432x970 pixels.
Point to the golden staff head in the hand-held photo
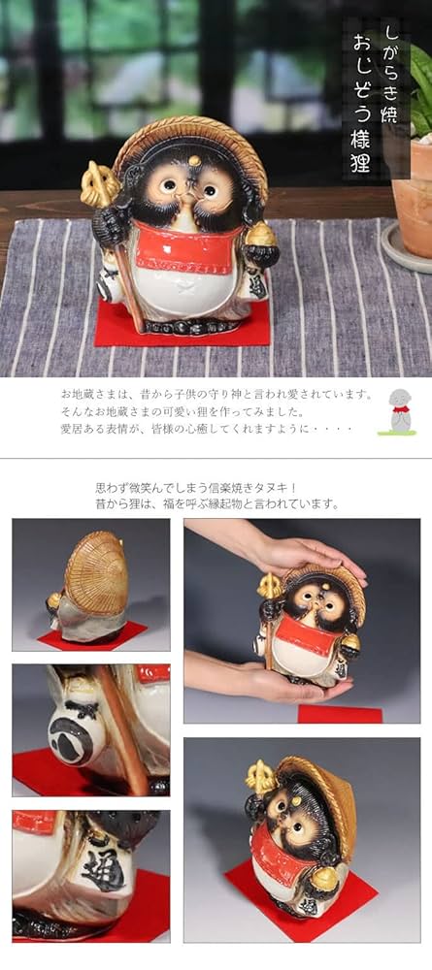[x=269, y=586]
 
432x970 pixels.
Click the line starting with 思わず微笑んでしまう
[x=216, y=487]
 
